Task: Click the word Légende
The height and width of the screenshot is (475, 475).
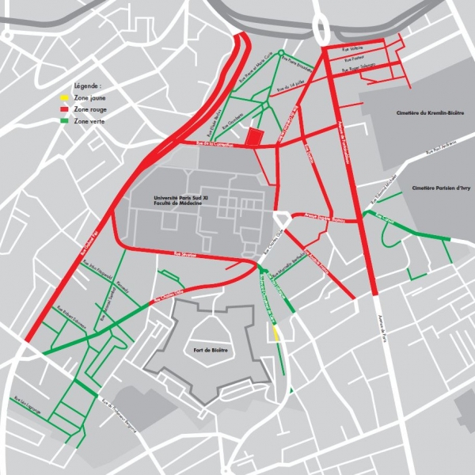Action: pos(88,84)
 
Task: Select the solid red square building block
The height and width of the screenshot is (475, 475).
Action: pos(254,136)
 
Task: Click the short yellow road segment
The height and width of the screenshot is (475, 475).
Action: pos(275,333)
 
